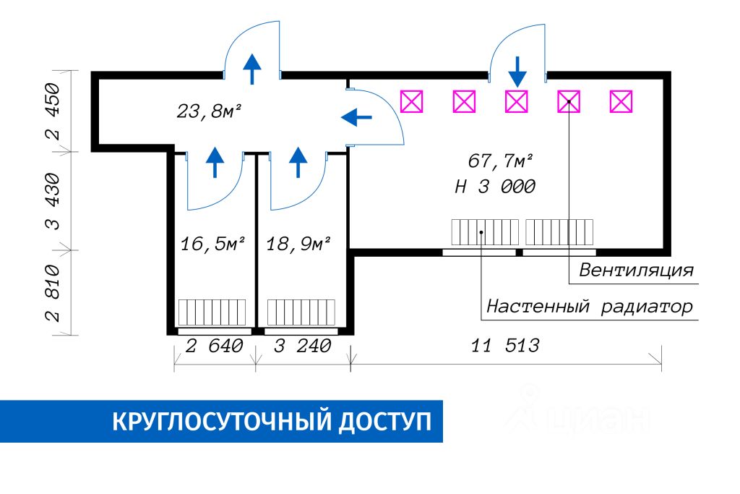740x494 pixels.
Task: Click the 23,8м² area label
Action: [x=209, y=112]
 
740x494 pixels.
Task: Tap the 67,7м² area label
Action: [x=500, y=161]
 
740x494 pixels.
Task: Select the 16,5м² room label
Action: [x=213, y=244]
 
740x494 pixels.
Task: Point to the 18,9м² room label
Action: [x=298, y=244]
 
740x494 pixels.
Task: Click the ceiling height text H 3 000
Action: [x=495, y=187]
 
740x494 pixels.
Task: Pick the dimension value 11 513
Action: [x=505, y=346]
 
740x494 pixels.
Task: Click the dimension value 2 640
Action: [x=214, y=346]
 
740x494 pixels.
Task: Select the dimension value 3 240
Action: [x=303, y=346]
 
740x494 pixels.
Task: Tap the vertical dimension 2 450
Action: [x=53, y=111]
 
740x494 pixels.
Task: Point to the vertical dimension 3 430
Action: [x=53, y=201]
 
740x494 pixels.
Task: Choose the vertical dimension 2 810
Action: [x=53, y=293]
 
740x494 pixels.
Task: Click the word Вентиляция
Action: [x=636, y=270]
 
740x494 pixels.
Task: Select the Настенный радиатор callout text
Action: [x=590, y=307]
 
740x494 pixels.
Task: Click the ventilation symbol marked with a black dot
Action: [x=569, y=101]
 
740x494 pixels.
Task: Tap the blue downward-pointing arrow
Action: [x=517, y=72]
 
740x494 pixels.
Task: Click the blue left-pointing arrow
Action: [x=356, y=117]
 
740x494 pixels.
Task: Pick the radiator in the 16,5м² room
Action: [x=212, y=312]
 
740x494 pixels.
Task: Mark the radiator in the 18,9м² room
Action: [x=301, y=312]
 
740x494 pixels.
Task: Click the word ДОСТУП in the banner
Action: [x=384, y=422]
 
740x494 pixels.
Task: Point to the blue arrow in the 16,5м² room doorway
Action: [x=215, y=163]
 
